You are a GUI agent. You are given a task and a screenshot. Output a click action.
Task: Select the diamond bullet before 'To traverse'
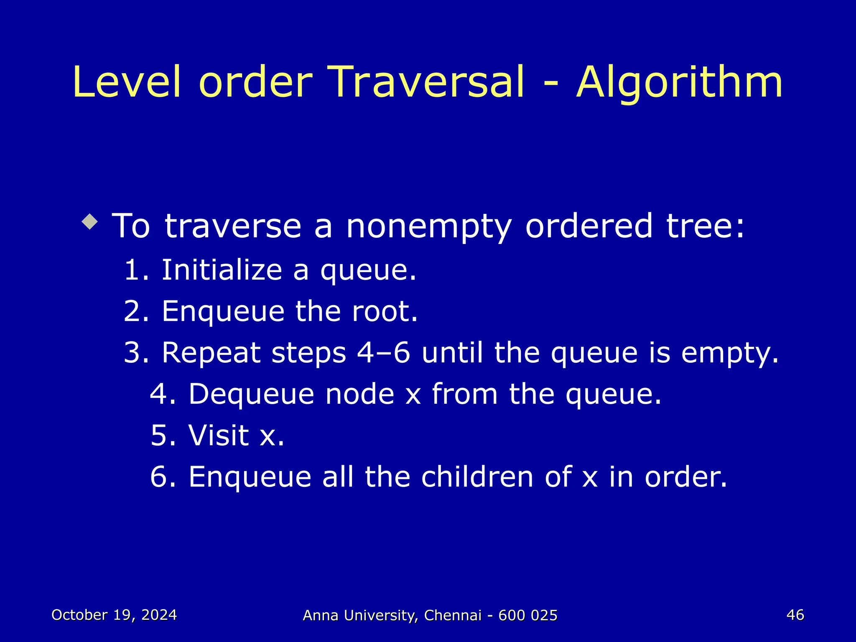90,222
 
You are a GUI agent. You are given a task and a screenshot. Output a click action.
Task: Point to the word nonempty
429,227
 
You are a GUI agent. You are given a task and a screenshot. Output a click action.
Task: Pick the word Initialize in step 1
222,270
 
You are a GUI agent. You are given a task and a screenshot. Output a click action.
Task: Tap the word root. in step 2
385,311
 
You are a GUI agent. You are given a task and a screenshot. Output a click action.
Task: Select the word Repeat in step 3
211,352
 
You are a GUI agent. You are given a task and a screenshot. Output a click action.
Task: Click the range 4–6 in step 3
384,352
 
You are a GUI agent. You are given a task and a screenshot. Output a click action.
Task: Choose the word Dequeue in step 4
251,394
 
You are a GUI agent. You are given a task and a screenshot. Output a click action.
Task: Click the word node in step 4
360,394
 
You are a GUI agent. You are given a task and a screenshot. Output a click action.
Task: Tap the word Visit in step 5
219,435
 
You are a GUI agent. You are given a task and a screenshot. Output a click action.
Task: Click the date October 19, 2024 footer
114,615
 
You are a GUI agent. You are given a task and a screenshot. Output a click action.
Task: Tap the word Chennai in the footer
453,615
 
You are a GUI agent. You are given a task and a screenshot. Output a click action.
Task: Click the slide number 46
795,615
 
